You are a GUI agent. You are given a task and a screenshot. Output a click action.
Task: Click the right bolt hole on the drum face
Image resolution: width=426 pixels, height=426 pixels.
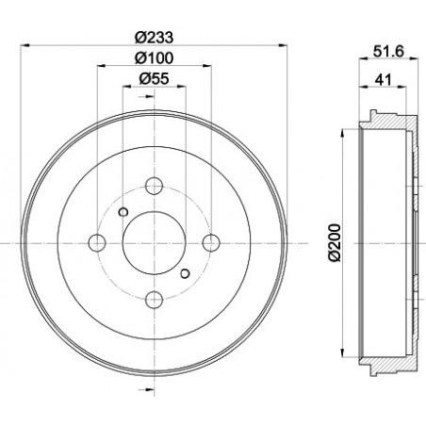point(210,242)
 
